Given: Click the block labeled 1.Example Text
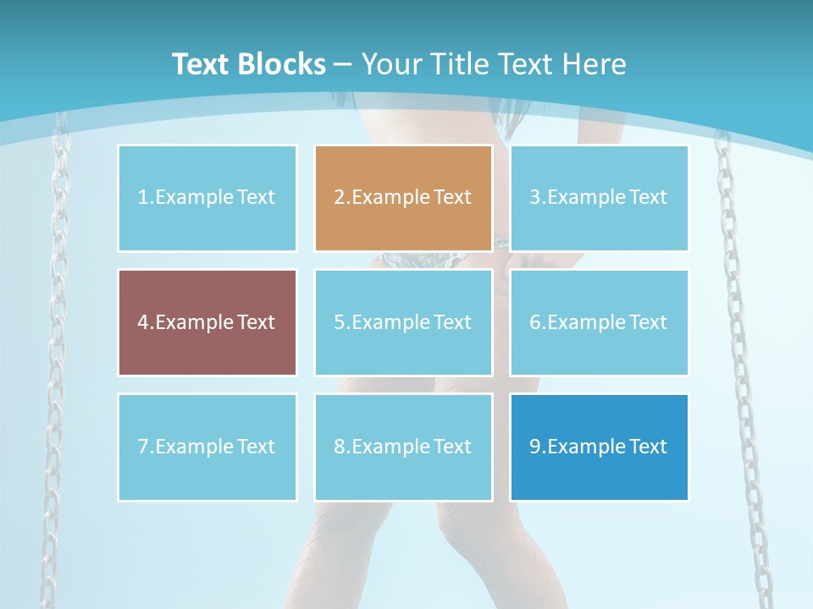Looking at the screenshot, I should point(207,198).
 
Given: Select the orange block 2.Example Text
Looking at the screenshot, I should point(403,198).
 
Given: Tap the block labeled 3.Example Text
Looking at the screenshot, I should point(599,198).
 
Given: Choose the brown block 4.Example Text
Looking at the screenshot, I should point(207,322).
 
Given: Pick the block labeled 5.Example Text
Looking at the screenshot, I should point(403,322).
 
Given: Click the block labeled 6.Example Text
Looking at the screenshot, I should point(599,322).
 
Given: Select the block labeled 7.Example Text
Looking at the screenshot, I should point(207,447).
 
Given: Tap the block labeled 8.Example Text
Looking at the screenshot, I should point(403,447).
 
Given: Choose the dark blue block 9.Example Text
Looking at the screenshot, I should point(599,447).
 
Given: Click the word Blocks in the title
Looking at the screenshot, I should point(284,64).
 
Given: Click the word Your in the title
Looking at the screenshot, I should point(392,64).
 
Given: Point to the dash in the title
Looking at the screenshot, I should point(343,64).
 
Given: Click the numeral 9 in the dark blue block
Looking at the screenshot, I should point(535,447).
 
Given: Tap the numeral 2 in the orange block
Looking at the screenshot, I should point(339,198).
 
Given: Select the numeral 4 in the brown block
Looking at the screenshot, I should point(143,322).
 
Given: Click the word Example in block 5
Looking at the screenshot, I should point(385,322).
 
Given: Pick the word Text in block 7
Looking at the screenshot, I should point(256,447).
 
